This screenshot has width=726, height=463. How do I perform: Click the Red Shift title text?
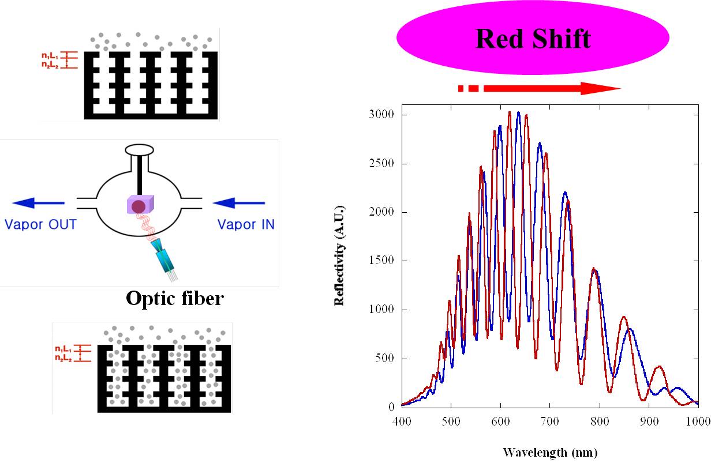[533, 39]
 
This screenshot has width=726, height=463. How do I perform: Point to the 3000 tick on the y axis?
[381, 115]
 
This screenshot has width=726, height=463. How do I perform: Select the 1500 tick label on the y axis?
[381, 261]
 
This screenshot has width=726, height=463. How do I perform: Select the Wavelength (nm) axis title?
[550, 452]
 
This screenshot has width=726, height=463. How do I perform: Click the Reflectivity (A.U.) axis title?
[341, 254]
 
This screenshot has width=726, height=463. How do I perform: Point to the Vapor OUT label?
[40, 224]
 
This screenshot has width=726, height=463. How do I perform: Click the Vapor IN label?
[246, 224]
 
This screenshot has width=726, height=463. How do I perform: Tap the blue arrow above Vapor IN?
[239, 202]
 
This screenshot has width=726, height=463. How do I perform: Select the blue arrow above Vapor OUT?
[39, 202]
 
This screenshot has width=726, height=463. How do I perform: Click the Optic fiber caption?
[175, 298]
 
